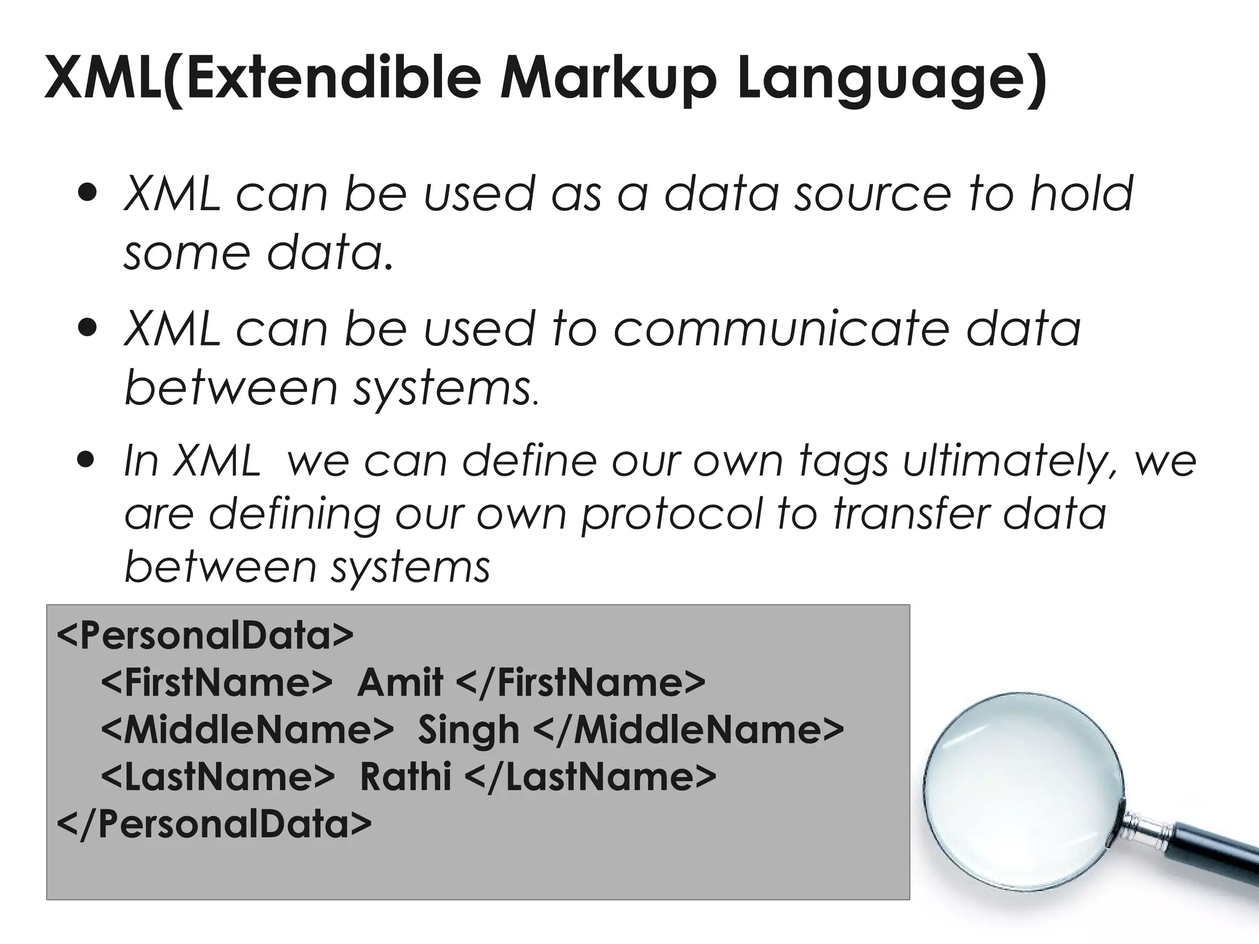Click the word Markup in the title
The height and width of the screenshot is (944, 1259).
(x=607, y=79)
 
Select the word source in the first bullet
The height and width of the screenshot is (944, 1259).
(x=872, y=194)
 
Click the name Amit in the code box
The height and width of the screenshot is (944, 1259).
(x=400, y=682)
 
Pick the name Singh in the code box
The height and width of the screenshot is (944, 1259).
(x=468, y=730)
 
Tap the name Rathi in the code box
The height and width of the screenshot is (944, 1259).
(x=405, y=777)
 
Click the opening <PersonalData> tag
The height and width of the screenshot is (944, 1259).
(x=205, y=635)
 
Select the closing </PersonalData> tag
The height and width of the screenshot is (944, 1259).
(x=214, y=824)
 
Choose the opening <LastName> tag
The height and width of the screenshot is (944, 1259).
(x=218, y=777)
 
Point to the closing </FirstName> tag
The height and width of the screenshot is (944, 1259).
(x=582, y=682)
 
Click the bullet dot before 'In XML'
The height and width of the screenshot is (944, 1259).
(x=88, y=460)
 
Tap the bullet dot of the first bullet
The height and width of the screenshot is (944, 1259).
(x=88, y=194)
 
